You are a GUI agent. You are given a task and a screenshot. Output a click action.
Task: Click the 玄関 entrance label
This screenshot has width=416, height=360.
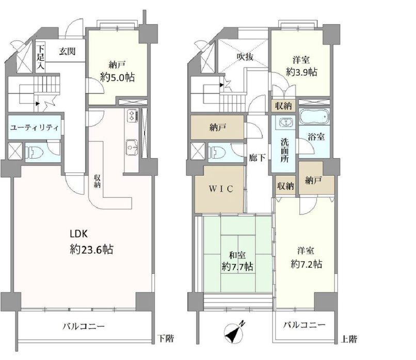(67, 51)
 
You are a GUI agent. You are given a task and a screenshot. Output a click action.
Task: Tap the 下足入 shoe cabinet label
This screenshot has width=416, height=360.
(41, 57)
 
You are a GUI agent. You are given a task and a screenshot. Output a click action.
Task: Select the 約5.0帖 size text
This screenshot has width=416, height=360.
(117, 77)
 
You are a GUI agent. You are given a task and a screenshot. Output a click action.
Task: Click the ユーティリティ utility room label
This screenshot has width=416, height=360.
(35, 128)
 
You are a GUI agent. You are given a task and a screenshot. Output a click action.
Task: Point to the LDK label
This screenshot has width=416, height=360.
(79, 234)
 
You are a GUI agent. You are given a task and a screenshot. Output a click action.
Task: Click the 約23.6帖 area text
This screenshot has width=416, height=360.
(91, 249)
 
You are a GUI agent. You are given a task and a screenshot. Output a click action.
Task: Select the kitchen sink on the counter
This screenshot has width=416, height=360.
(132, 147)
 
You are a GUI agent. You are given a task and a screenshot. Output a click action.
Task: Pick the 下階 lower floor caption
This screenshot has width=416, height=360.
(166, 338)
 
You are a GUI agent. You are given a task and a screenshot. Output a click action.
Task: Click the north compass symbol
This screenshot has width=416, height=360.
(234, 332)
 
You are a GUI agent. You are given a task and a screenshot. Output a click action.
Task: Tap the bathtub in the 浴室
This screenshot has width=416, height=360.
(314, 116)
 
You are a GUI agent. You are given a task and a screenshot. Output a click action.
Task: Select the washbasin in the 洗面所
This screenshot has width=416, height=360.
(285, 122)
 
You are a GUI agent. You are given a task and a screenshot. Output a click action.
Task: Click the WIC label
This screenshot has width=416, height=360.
(221, 189)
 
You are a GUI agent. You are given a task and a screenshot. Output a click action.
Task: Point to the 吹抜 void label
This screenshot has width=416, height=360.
(245, 56)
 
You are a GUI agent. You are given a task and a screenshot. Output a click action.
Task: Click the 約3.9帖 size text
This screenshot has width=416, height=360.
(301, 72)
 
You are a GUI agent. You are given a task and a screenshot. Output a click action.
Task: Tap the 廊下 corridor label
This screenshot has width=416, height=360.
(257, 158)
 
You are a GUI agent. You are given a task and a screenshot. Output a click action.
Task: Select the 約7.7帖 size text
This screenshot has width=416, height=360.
(237, 267)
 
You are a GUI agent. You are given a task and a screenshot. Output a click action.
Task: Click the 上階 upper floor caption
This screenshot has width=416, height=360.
(349, 339)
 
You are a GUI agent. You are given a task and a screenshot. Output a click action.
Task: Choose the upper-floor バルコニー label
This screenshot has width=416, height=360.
(304, 325)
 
